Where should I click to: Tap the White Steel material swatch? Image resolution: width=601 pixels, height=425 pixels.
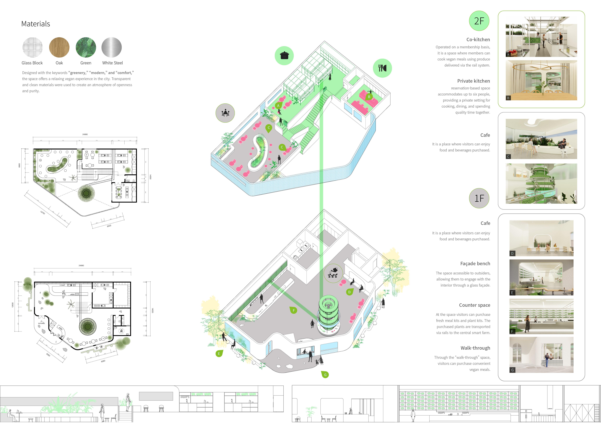[111, 47]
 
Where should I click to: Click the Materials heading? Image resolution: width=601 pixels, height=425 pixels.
[36, 24]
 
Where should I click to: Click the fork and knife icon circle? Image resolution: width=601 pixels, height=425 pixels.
[382, 68]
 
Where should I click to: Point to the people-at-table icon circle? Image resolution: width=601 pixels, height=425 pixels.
[225, 113]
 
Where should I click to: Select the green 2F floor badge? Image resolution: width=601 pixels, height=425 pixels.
[479, 21]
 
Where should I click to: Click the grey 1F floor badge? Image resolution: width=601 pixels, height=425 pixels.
[479, 198]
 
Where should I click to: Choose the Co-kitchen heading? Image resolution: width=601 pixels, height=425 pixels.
[478, 39]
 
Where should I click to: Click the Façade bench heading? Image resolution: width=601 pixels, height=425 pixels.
[475, 264]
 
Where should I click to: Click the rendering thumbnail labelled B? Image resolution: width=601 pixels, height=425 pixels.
[541, 80]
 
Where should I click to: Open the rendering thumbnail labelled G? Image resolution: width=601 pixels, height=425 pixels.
[541, 355]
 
